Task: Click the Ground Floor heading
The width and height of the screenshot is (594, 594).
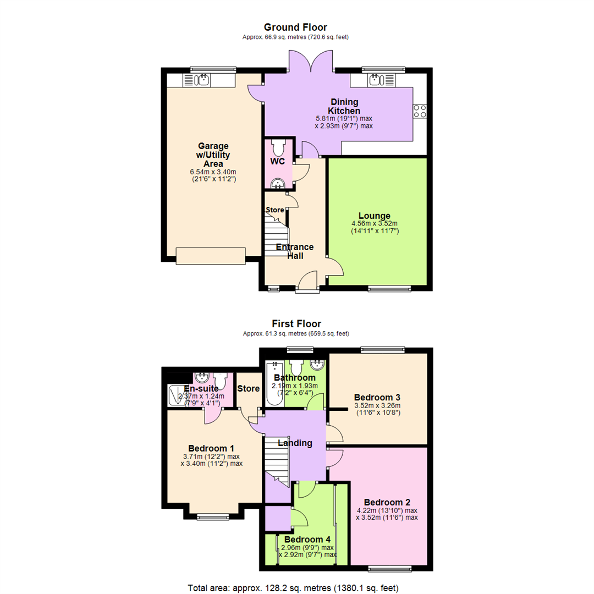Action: coord(295,28)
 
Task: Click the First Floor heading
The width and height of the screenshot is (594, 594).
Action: coord(296,324)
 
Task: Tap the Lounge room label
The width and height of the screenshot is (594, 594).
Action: coord(375,216)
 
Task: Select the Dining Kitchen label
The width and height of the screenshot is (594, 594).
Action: coord(344,107)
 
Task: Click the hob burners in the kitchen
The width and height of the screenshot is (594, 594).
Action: coord(420,111)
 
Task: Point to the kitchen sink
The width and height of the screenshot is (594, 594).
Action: coord(382,80)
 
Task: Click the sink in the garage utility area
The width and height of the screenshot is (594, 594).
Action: coord(196,80)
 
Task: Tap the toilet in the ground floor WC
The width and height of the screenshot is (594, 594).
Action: coord(278,147)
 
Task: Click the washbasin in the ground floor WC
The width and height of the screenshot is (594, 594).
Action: coord(278,184)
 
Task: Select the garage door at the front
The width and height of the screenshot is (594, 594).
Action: coord(211,256)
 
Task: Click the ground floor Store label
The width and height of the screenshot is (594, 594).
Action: coord(274,210)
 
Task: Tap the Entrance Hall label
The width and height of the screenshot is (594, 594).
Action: coord(295,251)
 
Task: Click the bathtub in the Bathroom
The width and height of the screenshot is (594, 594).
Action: coord(274,383)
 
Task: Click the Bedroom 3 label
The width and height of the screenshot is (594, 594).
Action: coord(377,398)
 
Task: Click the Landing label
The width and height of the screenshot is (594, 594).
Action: coord(295,443)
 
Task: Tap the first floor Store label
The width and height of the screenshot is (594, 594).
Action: coord(248,389)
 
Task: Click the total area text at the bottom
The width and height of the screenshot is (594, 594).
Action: coord(293,588)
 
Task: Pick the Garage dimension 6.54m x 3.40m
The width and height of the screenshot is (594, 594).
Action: coord(213,172)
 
